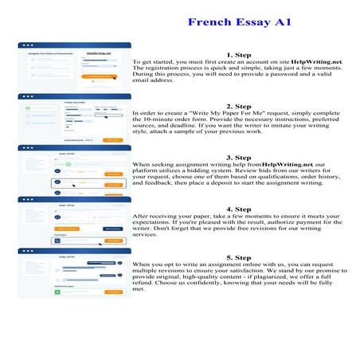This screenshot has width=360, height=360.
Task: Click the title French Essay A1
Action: point(238,22)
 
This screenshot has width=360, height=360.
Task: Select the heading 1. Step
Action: point(238,53)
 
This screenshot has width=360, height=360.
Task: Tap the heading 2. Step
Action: point(238,106)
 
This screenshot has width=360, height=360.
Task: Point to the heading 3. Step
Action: point(238,157)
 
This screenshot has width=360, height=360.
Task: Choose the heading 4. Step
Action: point(238,208)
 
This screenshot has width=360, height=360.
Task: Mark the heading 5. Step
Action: point(238,258)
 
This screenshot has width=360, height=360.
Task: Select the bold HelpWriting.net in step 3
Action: point(285,164)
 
